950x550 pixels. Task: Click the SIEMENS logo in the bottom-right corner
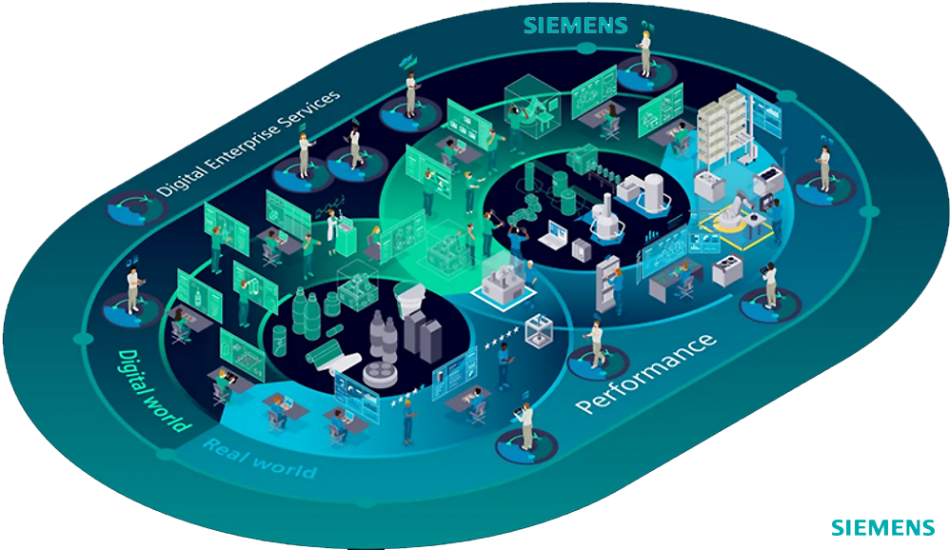882,527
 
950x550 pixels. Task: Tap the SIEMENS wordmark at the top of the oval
577,24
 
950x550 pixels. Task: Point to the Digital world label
153,389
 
